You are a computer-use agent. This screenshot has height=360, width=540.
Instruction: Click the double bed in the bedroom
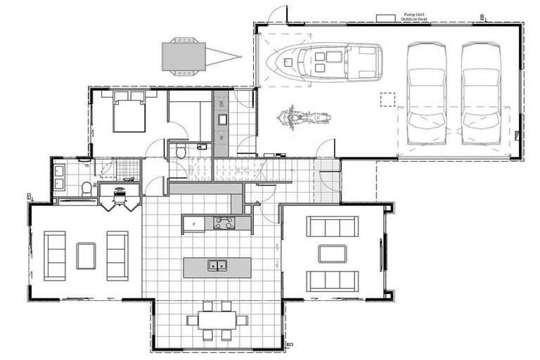(x=129, y=111)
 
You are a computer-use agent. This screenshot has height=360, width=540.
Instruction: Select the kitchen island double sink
(x=217, y=266)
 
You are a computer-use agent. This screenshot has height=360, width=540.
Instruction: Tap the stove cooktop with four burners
(x=224, y=223)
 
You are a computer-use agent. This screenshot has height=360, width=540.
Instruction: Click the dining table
(x=217, y=321)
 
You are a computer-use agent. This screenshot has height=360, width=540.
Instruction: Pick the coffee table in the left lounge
(x=86, y=255)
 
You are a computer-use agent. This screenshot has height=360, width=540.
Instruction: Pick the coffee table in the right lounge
(x=332, y=253)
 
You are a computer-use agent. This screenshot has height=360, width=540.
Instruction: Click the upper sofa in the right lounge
(x=332, y=226)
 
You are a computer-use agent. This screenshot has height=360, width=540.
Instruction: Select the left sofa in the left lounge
(x=55, y=255)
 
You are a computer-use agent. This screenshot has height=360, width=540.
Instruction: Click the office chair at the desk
(x=119, y=200)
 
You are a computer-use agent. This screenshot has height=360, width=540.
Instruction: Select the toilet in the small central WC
(x=180, y=150)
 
